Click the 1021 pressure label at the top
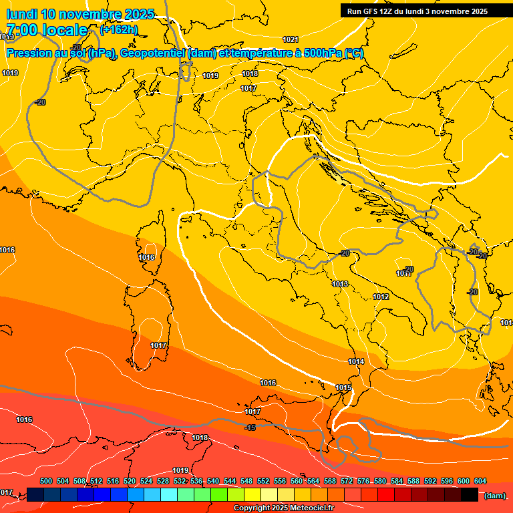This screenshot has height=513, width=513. tap(290, 39)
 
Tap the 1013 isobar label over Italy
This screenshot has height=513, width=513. tap(340, 284)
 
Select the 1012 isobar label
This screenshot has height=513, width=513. tap(381, 297)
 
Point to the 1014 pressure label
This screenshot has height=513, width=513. tap(356, 361)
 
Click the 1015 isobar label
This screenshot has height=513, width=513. tap(343, 387)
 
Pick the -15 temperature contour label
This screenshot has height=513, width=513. tap(250, 427)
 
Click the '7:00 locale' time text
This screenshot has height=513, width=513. tap(47, 30)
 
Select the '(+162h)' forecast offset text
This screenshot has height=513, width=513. tap(119, 30)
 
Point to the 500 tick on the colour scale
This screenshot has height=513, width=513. tap(46, 481)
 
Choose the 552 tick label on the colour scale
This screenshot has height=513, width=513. tap(263, 481)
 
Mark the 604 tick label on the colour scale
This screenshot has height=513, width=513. tap(480, 481)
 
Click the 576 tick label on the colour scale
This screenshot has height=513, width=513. tap(363, 481)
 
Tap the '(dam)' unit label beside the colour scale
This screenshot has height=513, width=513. tap(494, 495)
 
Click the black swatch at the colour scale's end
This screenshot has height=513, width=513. tap(470, 494)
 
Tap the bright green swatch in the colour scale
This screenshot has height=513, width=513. tap(219, 494)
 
